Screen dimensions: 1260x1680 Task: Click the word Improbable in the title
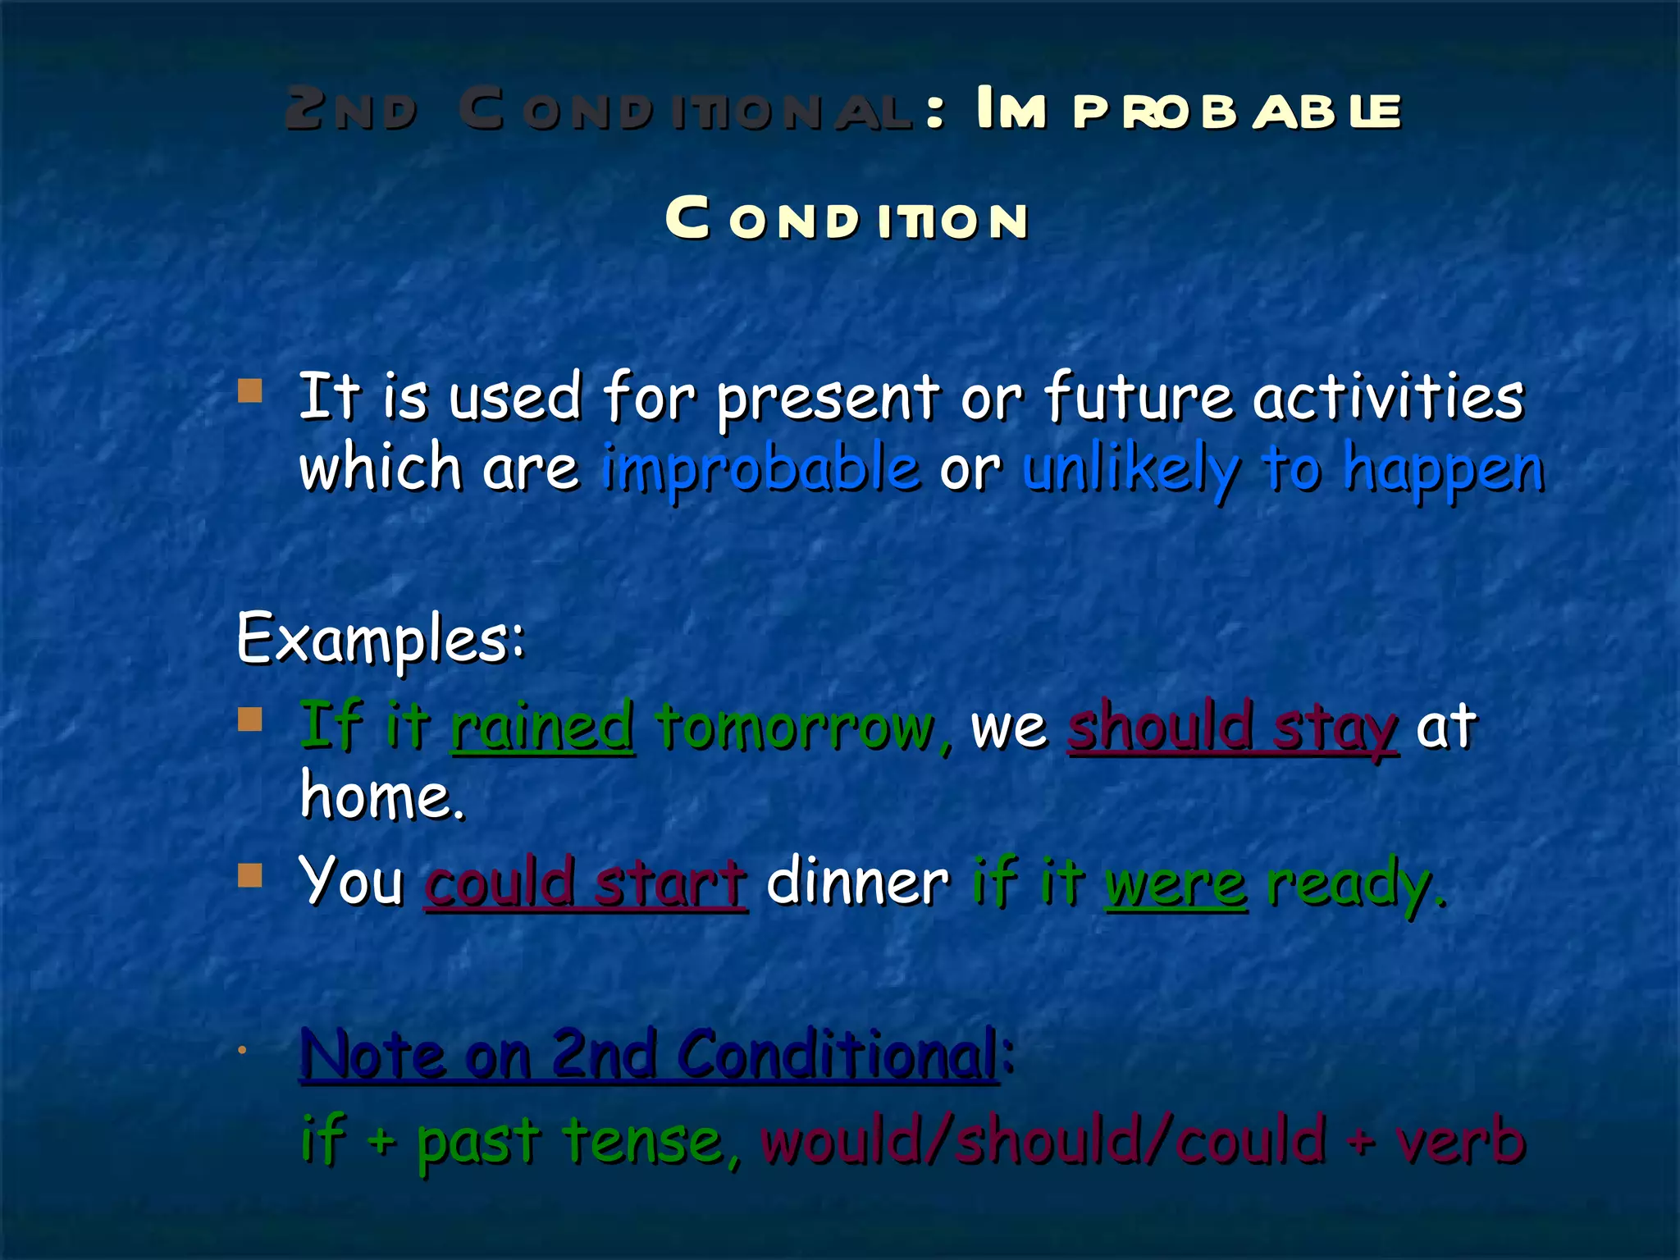tap(1188, 111)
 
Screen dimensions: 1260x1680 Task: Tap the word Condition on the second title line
tap(846, 220)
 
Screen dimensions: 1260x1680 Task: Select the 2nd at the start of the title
tap(350, 111)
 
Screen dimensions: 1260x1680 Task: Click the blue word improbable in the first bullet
tap(760, 468)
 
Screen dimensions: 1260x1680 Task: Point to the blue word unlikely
tap(1131, 468)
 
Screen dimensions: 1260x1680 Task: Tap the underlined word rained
tap(542, 726)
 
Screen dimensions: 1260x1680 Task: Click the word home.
tap(381, 796)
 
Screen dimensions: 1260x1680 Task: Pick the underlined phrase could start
tap(586, 882)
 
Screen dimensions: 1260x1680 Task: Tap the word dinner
tap(857, 882)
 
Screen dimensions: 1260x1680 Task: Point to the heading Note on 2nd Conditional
tap(649, 1054)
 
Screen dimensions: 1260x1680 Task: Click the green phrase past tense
tap(568, 1141)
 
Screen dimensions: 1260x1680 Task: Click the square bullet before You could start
tap(249, 875)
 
